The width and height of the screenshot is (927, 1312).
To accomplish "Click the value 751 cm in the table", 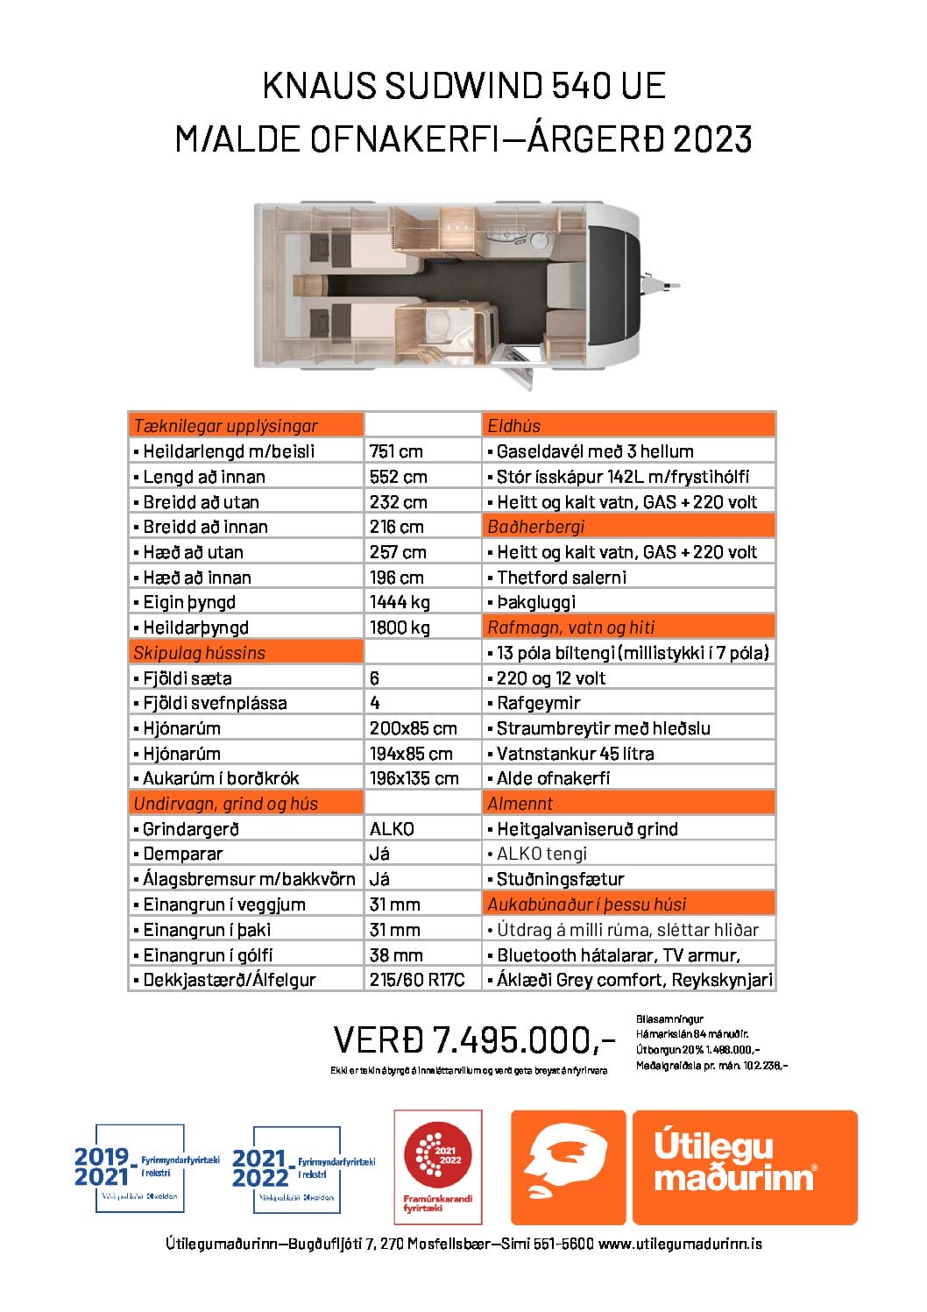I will [x=396, y=451].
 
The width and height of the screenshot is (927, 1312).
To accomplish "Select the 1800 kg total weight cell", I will [x=400, y=628].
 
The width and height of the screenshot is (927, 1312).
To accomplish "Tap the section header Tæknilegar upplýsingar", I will [x=225, y=426].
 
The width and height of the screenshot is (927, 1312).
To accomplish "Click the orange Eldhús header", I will [x=514, y=426].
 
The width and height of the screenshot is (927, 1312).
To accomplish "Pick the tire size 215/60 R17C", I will [x=417, y=980].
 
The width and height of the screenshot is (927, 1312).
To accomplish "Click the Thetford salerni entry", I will [x=561, y=578].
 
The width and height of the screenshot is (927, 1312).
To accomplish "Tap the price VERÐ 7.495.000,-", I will [x=474, y=1040].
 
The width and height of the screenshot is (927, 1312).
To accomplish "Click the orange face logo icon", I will [x=567, y=1167].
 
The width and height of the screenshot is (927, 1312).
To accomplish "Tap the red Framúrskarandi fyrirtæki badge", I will [x=437, y=1167].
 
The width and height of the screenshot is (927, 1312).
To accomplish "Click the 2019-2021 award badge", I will [x=140, y=1168].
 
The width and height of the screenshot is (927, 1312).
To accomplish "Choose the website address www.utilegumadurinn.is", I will [x=680, y=1244].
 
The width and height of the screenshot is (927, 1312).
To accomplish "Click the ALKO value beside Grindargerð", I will [x=392, y=829].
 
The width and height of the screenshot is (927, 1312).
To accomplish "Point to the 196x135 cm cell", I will [x=414, y=778].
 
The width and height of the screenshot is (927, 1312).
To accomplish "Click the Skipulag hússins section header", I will [x=199, y=653].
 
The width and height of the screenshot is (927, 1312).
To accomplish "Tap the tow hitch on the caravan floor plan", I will [x=669, y=286].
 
